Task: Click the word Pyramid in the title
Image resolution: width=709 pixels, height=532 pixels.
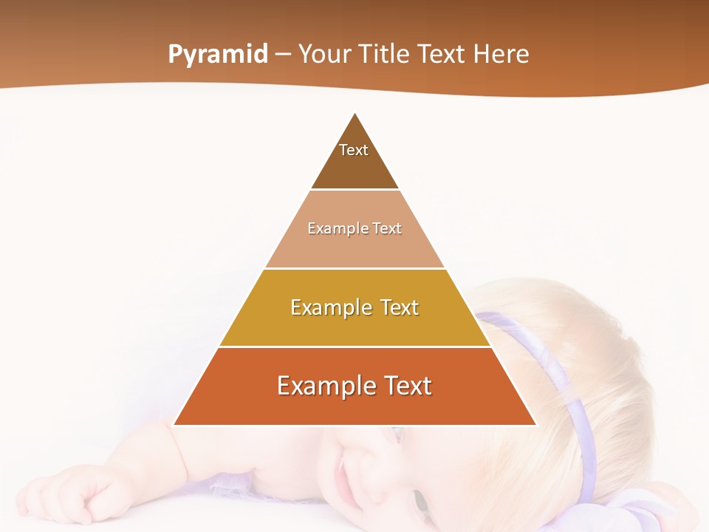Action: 217,55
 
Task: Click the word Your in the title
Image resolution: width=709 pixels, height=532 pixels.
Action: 324,54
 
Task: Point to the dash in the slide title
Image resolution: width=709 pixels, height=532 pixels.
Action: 283,55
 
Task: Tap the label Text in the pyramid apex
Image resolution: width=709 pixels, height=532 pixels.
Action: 354,150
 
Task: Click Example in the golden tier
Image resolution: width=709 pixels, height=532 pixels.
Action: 329,307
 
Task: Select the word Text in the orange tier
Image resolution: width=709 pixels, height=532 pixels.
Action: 403,386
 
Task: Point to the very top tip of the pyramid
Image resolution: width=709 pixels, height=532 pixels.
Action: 355,113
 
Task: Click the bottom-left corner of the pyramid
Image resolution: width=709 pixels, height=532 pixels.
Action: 174,424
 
